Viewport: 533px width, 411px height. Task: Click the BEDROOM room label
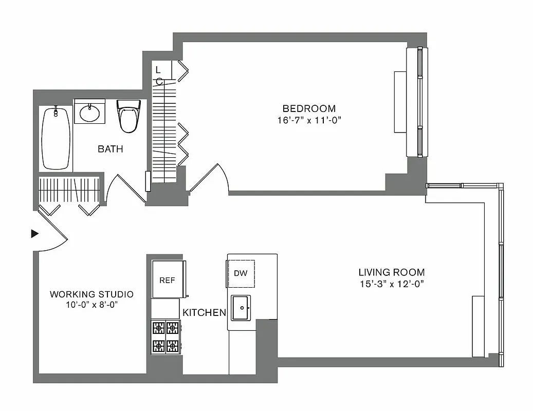309,108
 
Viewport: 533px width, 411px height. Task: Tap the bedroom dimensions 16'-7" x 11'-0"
309,120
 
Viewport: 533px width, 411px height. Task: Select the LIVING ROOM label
392,272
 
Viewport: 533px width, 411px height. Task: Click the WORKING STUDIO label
91,294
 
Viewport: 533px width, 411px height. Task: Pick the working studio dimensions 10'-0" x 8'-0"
91,304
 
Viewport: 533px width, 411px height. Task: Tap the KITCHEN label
204,312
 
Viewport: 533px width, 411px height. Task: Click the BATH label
111,150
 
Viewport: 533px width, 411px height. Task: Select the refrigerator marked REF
168,280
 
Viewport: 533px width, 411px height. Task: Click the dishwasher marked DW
241,273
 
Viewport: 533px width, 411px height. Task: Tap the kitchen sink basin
240,308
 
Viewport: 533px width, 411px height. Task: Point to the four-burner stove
166,337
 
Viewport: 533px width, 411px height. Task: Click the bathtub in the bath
56,138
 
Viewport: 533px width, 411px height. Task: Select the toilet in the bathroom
128,116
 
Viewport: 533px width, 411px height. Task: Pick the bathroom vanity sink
90,111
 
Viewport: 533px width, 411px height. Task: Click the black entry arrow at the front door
35,234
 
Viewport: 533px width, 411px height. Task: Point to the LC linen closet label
158,75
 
